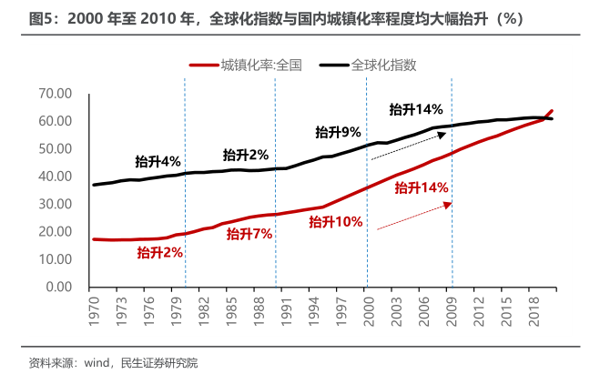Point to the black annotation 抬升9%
point(339,132)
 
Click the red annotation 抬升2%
point(160,252)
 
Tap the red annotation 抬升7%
point(249,234)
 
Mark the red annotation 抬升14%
point(422,187)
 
